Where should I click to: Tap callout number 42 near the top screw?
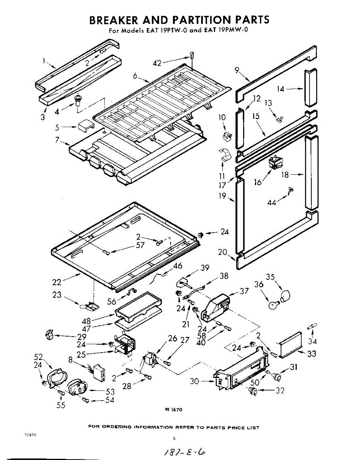[157, 63]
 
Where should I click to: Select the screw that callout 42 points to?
[192, 56]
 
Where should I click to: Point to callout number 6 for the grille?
[135, 76]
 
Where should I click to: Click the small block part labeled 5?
[86, 126]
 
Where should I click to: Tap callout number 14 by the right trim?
[280, 89]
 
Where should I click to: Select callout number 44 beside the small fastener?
[272, 202]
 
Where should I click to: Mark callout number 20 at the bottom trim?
[222, 252]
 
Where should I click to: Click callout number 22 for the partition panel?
[57, 282]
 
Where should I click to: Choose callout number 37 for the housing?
[244, 291]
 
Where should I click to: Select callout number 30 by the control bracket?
[195, 381]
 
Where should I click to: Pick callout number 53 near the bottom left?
[110, 391]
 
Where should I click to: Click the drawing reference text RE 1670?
[174, 409]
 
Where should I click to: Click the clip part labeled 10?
[227, 135]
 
